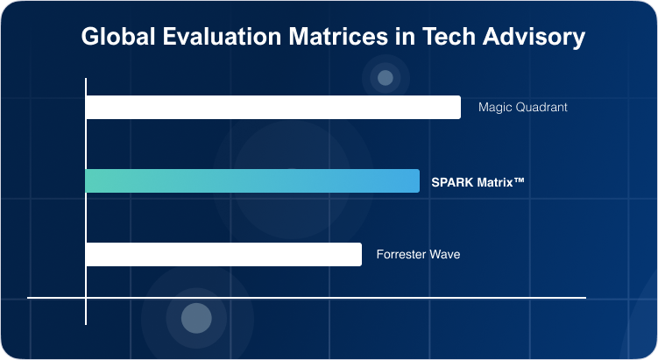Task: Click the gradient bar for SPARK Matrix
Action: tap(252, 181)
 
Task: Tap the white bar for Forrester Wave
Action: tap(223, 254)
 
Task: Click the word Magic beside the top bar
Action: tap(494, 108)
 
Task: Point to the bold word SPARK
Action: tap(450, 182)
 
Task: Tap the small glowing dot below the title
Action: tap(385, 78)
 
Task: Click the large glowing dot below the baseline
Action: tap(196, 318)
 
